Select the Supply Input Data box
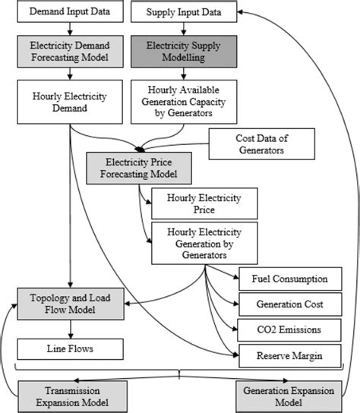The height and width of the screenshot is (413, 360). tap(179, 14)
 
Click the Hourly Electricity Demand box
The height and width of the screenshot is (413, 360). tap(69, 102)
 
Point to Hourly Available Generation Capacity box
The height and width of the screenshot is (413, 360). tap(180, 102)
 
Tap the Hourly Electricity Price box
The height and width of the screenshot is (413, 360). tap(204, 203)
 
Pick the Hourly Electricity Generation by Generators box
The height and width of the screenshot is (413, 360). tap(204, 243)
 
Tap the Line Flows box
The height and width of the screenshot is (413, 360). tap(69, 348)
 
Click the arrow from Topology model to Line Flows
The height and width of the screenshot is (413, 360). tap(69, 328)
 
